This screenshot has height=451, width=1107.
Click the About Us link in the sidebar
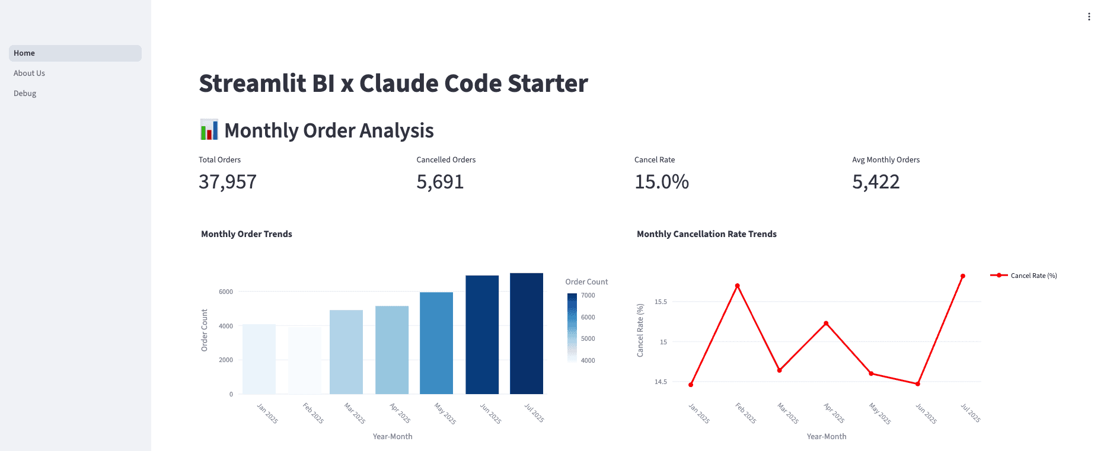pos(29,73)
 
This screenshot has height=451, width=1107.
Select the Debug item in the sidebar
pos(25,94)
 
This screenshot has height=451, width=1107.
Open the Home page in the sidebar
pos(24,53)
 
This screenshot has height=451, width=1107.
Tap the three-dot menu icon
pos(1089,17)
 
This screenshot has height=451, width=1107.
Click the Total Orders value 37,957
pos(228,182)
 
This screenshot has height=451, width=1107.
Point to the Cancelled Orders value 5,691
pos(440,182)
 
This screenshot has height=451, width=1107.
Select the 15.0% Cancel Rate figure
pos(662,182)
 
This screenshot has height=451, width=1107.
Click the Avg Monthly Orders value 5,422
pos(876,182)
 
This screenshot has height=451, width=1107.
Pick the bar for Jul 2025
pos(527,334)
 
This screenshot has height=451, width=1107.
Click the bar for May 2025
pos(436,343)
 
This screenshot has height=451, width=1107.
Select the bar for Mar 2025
pos(346,352)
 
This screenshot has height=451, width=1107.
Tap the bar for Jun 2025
pos(482,335)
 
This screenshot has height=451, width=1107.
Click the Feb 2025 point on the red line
pos(738,286)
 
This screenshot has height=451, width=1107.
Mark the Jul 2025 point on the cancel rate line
pos(963,276)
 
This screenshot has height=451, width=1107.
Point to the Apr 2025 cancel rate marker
pos(826,324)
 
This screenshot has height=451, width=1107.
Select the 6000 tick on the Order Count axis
pos(226,292)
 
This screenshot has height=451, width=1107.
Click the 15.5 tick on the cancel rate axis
pos(661,302)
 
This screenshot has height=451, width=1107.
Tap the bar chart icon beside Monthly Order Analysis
pos(209,130)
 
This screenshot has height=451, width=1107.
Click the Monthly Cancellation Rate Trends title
pos(706,234)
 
